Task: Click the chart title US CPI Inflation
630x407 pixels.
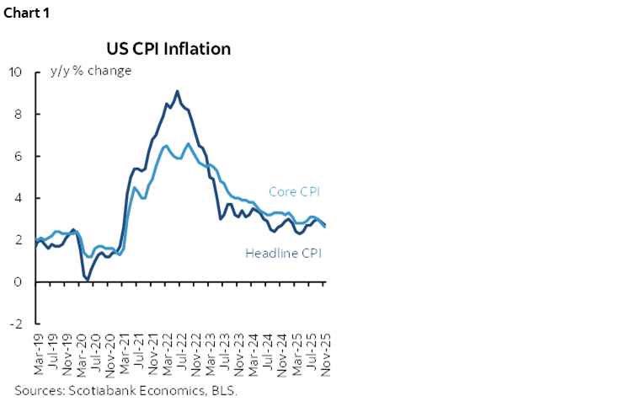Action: (x=168, y=49)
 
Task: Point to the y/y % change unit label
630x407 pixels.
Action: (x=91, y=71)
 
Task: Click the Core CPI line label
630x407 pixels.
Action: (x=295, y=192)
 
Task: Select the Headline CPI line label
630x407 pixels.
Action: (x=283, y=253)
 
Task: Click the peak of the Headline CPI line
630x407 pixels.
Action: (x=177, y=91)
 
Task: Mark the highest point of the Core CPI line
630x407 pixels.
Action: (x=188, y=144)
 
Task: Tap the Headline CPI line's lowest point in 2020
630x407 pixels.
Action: (x=88, y=278)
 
